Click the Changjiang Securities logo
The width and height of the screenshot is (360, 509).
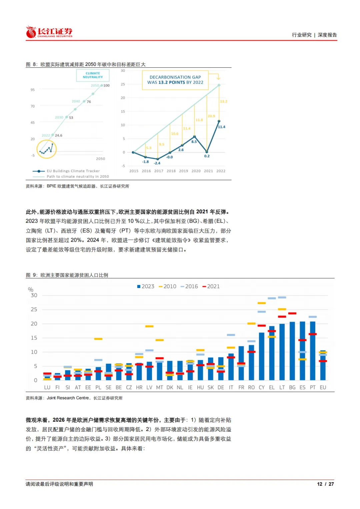pyautogui.click(x=49, y=32)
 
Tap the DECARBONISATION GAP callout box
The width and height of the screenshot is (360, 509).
pyautogui.click(x=175, y=80)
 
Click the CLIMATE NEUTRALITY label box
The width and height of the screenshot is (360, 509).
pyautogui.click(x=93, y=75)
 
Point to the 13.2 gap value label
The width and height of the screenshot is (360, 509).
pyautogui.click(x=223, y=101)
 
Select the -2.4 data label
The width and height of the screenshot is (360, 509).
pyautogui.click(x=157, y=163)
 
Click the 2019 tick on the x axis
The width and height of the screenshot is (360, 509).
pyautogui.click(x=184, y=171)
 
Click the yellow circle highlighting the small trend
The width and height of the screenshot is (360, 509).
pyautogui.click(x=47, y=149)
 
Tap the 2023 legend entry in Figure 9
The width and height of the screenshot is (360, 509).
pyautogui.click(x=146, y=286)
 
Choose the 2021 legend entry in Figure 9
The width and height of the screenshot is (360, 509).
pyautogui.click(x=211, y=286)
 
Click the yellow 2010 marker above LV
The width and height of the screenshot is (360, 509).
pyautogui.click(x=149, y=326)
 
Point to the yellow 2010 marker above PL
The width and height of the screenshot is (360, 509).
pyautogui.click(x=98, y=339)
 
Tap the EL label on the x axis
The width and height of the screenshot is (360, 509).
pyautogui.click(x=272, y=387)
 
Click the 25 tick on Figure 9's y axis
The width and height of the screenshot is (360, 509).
pyautogui.click(x=34, y=310)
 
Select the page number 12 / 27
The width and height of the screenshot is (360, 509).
pyautogui.click(x=325, y=484)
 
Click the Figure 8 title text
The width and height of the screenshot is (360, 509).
pyautogui.click(x=86, y=64)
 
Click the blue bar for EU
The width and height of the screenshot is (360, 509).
pyautogui.click(x=323, y=365)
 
